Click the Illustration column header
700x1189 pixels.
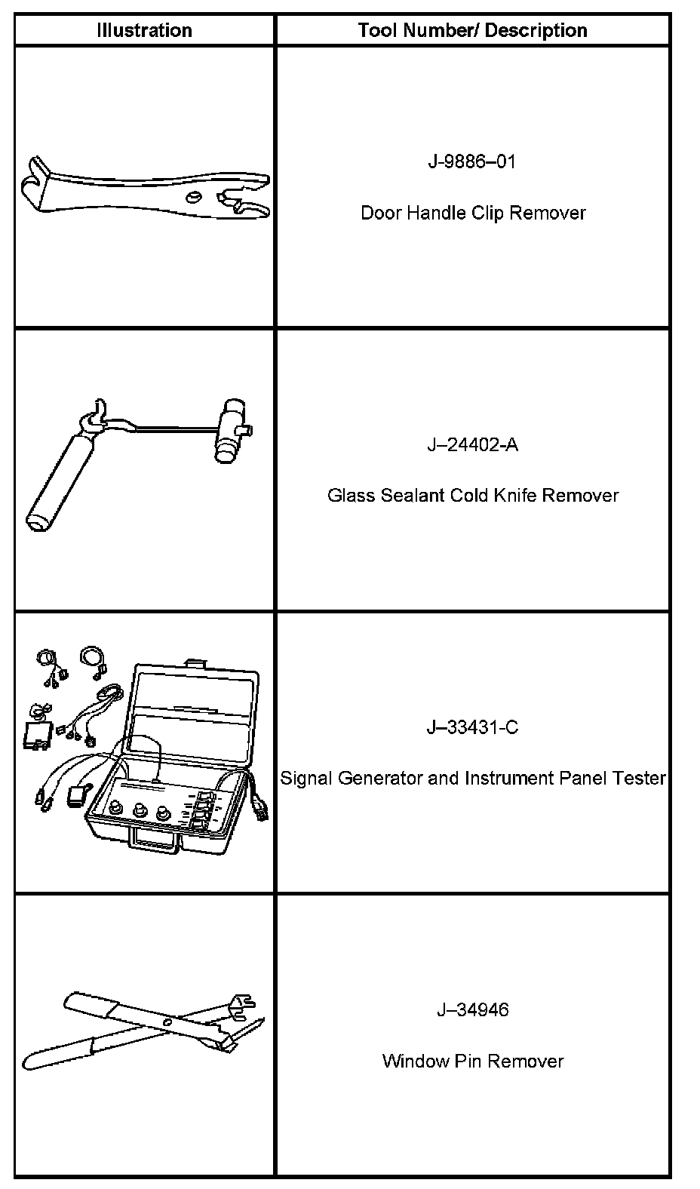coord(144,31)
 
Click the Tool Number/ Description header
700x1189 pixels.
coord(472,31)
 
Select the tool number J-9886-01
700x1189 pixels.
coord(472,162)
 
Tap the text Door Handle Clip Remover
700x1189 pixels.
coord(473,213)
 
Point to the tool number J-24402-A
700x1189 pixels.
coord(473,445)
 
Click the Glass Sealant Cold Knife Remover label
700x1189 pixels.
coord(473,496)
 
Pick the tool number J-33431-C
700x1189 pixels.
coord(473,728)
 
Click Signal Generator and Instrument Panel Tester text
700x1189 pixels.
coord(473,778)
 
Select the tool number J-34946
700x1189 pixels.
coord(473,1010)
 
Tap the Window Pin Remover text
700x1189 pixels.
coord(473,1061)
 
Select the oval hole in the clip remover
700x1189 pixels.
coord(195,197)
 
